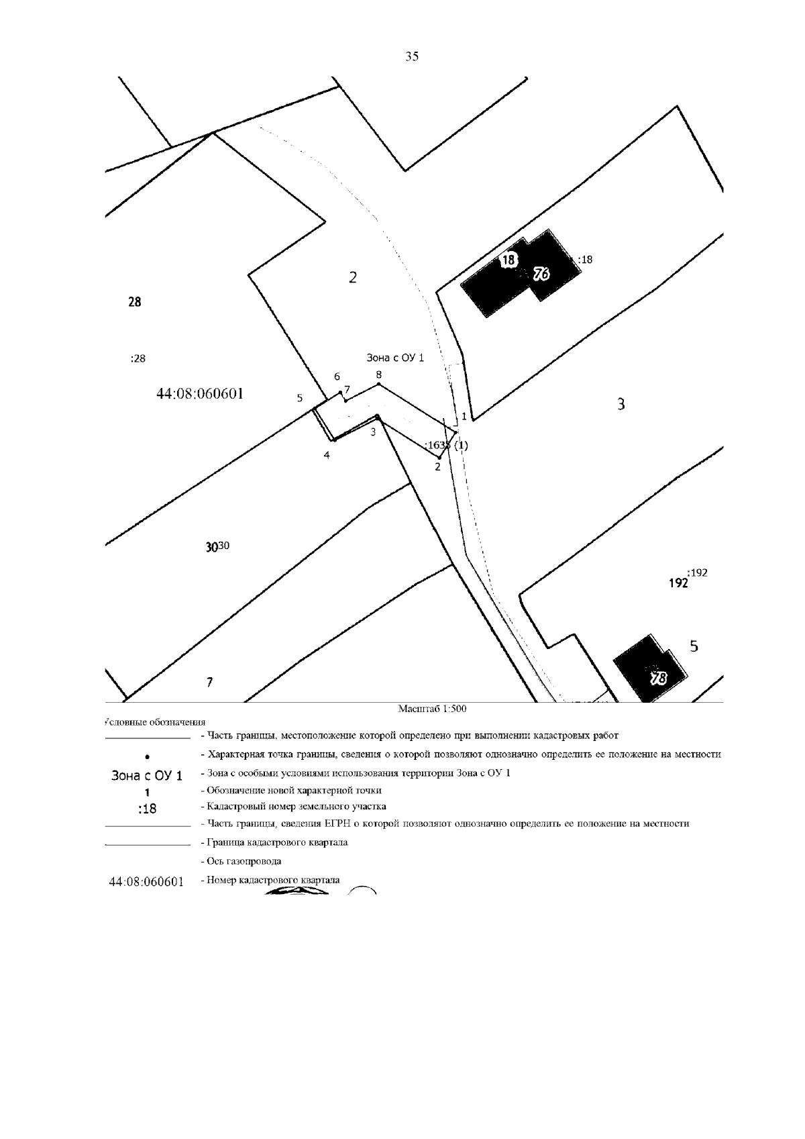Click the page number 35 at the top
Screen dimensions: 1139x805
point(412,57)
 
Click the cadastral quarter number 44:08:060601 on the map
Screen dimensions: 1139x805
point(199,394)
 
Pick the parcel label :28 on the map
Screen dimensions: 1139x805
point(138,358)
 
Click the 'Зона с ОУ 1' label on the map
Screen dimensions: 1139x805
point(395,358)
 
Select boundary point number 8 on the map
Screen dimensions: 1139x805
point(379,375)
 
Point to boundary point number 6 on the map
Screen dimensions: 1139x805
point(337,377)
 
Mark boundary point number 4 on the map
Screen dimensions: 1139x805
point(327,455)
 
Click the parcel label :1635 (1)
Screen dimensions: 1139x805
point(446,445)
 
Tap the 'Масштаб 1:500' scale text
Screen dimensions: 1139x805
point(432,709)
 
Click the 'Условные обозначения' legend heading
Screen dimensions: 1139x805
point(155,722)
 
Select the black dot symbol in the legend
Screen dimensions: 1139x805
point(147,756)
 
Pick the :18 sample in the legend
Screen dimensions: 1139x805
point(146,809)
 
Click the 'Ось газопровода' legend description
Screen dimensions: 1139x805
point(241,861)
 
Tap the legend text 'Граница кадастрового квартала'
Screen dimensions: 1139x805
point(274,842)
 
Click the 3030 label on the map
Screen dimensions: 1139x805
point(218,547)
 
